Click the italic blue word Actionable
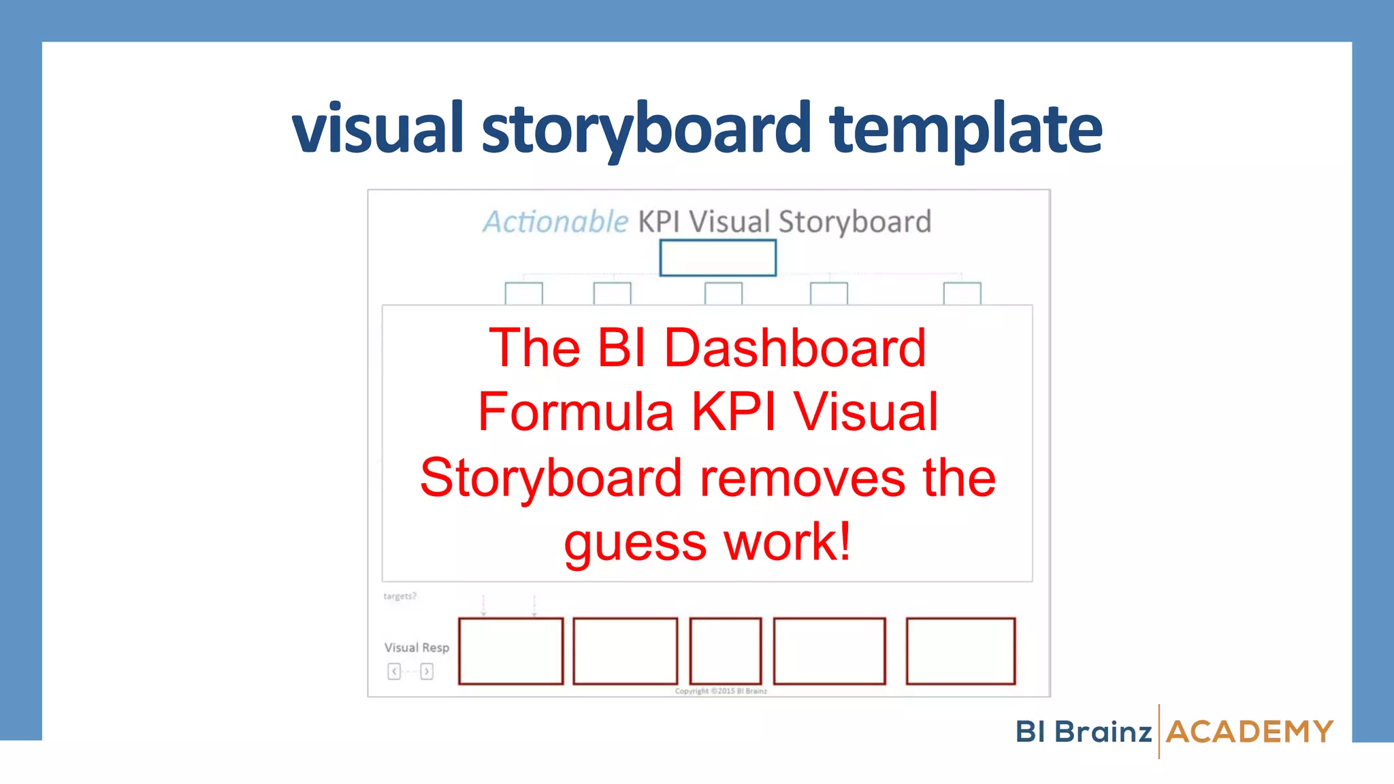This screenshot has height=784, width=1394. [555, 222]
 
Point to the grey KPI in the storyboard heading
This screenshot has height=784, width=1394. [658, 222]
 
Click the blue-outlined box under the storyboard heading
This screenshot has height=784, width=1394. [717, 258]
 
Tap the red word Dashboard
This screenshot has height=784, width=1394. [794, 348]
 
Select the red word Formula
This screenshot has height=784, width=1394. [576, 412]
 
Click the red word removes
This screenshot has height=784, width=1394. [803, 477]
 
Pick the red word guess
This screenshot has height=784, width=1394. [635, 542]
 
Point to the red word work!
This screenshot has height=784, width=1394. [788, 542]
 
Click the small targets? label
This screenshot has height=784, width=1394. [400, 596]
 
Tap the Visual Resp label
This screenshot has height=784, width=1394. [417, 647]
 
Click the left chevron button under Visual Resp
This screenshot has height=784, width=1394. [394, 672]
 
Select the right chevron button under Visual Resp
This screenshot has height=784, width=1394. [427, 672]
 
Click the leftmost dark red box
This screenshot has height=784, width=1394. [510, 651]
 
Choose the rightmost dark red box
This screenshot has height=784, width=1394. [960, 651]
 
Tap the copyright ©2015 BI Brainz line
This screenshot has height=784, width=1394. [721, 691]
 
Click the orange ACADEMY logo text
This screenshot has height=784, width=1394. [1250, 732]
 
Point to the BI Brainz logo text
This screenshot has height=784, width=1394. [1084, 732]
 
